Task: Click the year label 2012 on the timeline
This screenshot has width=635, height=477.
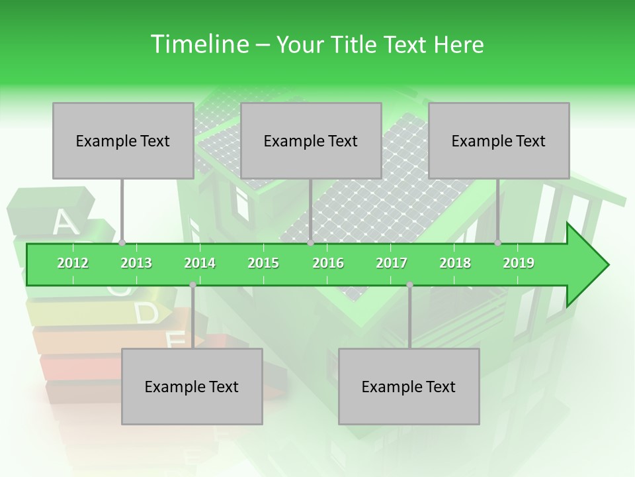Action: point(73,263)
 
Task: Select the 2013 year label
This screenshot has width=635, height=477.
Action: point(136,263)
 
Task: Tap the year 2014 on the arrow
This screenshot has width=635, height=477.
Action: point(200,263)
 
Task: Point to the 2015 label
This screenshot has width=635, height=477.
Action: point(263,263)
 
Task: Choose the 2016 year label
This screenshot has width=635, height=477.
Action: point(328,263)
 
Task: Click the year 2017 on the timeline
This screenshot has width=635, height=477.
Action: point(392,263)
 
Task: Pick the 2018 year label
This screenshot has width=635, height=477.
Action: point(455,263)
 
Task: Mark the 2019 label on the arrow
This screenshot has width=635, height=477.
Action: point(519,263)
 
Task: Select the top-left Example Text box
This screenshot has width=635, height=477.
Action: point(123,140)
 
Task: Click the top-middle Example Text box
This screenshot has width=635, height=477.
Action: point(311,140)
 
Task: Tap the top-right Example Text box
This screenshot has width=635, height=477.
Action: point(499,140)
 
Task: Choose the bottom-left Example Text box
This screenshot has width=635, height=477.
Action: point(192,386)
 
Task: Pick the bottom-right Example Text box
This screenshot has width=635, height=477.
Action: point(409,386)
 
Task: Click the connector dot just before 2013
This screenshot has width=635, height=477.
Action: point(122,243)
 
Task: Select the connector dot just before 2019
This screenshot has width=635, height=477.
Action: point(498,243)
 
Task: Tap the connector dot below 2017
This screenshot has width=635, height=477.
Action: point(409,285)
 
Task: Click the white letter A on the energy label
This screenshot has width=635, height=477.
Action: point(65,223)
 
